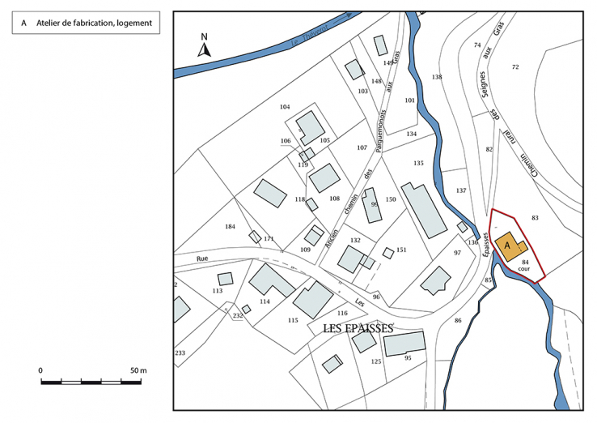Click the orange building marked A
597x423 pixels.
pos(510,246)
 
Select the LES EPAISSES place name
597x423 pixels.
pos(358,328)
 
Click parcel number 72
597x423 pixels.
pos(515,66)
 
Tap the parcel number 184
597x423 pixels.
pos(231,226)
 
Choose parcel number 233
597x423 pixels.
pos(180,352)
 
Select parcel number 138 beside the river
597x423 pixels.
pos(437,77)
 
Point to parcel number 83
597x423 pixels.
pos(535,217)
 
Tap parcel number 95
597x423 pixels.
pos(408,357)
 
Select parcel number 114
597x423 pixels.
pos(265,301)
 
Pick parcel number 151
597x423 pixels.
pos(401,250)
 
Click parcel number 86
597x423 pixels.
pos(458,321)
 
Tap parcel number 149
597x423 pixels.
pos(388,62)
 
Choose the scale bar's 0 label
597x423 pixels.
pos(40,370)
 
